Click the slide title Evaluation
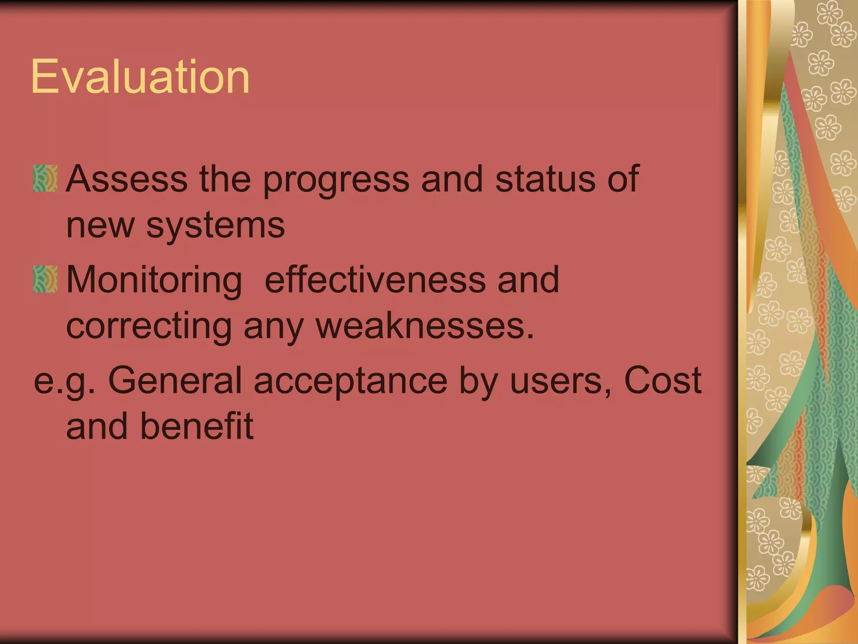tap(140, 77)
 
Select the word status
tap(545, 179)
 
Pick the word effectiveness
tap(375, 280)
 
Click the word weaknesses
tap(425, 326)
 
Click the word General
tap(175, 380)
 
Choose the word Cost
tap(662, 380)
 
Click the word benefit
tap(196, 426)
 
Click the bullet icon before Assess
tap(45, 179)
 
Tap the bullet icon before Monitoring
tap(45, 279)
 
